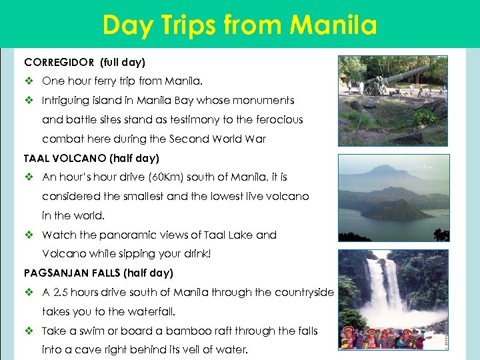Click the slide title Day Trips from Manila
tap(239, 25)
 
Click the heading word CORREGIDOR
tap(59, 63)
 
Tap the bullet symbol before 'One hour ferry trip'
tap(29, 81)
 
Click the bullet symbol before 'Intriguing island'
tap(29, 101)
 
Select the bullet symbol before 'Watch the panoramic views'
tap(29, 235)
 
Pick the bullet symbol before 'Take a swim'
tap(29, 331)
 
